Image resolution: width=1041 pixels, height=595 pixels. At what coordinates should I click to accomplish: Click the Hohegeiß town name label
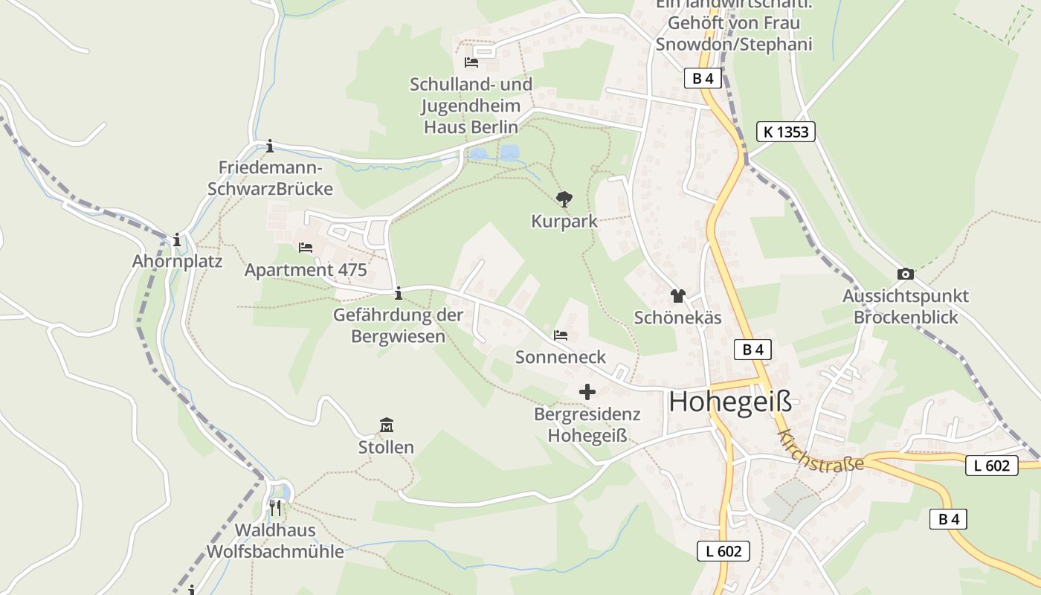click(x=730, y=402)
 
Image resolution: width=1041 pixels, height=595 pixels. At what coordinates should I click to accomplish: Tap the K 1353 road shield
click(x=786, y=132)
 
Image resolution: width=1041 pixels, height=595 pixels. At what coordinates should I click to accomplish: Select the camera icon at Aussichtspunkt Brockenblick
click(x=905, y=274)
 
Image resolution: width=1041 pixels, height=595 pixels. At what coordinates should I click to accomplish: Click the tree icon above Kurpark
click(x=564, y=199)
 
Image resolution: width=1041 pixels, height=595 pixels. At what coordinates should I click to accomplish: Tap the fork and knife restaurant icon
click(x=275, y=508)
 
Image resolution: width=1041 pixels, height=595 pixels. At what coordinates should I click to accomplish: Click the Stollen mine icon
click(x=386, y=425)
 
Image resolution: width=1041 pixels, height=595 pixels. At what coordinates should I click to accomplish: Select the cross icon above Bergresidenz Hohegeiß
click(x=587, y=391)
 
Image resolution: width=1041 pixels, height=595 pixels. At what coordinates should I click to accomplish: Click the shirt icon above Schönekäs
click(x=677, y=296)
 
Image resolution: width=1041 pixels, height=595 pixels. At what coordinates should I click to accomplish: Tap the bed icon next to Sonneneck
click(x=561, y=335)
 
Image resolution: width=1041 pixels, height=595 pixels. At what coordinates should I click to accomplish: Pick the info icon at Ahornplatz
click(x=177, y=239)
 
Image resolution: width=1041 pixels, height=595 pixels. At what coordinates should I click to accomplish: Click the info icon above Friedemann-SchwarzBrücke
click(x=270, y=146)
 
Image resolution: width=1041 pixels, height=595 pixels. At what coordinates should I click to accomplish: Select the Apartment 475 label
click(x=306, y=270)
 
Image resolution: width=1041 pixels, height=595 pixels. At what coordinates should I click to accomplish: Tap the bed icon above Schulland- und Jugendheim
click(x=471, y=62)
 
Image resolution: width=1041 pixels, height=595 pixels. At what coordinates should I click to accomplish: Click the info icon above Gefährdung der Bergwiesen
click(x=398, y=293)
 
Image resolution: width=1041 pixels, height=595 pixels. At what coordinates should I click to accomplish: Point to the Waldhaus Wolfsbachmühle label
click(x=275, y=541)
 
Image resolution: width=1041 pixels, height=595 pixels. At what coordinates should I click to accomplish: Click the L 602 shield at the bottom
click(x=723, y=551)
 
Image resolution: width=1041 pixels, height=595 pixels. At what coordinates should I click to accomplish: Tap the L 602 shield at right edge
click(x=991, y=466)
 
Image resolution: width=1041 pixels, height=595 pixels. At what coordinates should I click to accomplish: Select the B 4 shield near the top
click(x=703, y=78)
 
